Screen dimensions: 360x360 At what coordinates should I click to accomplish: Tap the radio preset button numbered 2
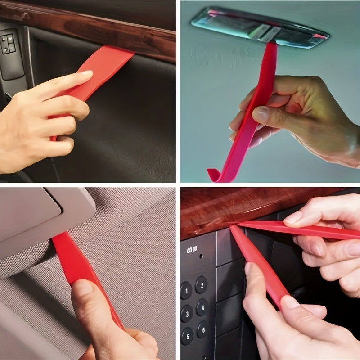click(x=201, y=284)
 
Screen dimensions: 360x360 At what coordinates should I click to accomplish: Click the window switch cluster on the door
click(x=7, y=44)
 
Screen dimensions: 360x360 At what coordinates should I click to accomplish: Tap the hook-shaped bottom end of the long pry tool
click(x=214, y=174)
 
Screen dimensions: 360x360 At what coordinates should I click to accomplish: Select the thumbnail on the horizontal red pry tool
click(x=293, y=218)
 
